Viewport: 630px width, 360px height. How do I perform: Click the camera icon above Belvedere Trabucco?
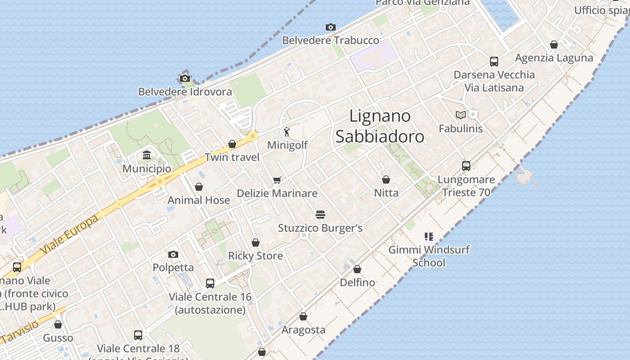[x=331, y=27]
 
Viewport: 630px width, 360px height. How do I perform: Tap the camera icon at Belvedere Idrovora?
[x=184, y=79]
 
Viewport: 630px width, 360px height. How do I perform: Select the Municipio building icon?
[x=147, y=156]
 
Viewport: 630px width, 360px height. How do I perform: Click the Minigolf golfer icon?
[x=287, y=132]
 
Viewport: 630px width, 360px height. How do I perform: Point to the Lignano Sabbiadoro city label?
[x=380, y=126]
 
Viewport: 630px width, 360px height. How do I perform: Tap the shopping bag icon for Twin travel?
[x=232, y=144]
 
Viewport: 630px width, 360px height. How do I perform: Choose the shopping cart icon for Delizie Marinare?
[x=277, y=180]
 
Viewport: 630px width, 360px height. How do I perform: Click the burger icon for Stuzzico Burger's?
[x=320, y=215]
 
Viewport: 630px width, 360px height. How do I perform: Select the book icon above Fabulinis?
[x=461, y=115]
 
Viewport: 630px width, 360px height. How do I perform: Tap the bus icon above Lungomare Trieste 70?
[x=466, y=166]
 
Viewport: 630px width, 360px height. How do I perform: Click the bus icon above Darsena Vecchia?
[x=494, y=62]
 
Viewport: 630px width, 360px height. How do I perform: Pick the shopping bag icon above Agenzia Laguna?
[x=554, y=45]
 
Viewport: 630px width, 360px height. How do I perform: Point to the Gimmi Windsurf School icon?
[x=428, y=236]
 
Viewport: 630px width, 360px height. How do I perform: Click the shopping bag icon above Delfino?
[x=357, y=269]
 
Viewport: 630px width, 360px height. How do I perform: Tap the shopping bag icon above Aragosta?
[x=303, y=316]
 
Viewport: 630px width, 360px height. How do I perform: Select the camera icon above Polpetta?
[x=173, y=255]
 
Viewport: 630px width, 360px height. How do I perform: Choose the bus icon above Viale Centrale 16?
[x=210, y=283]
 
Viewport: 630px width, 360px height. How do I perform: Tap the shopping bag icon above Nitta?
[x=386, y=180]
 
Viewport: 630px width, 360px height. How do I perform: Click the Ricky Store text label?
[x=256, y=256]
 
